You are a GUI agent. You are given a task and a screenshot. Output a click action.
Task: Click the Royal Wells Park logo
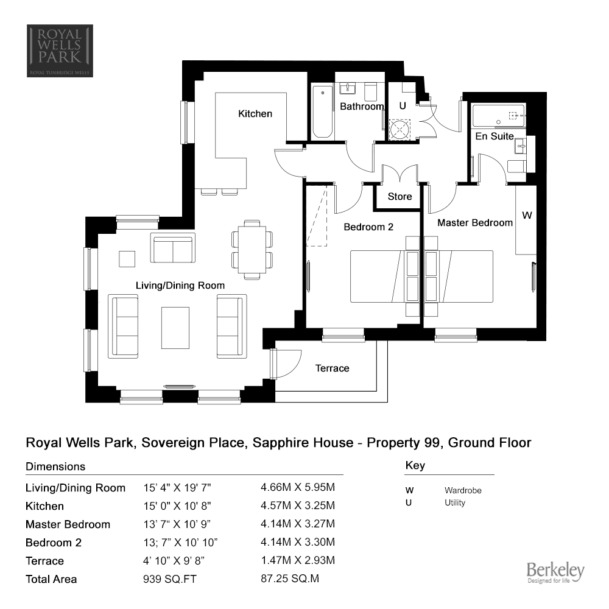[x=60, y=51]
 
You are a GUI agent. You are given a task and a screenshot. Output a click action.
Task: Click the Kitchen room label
[x=255, y=114]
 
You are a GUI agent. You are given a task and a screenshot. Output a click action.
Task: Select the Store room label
[x=400, y=197]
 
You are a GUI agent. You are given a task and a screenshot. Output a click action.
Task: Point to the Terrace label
[x=332, y=368]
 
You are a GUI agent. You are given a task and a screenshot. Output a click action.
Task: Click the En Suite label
[x=495, y=136]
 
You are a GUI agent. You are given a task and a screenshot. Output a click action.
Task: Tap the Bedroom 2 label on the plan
[x=368, y=227]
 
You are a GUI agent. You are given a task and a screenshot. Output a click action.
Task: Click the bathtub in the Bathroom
[x=323, y=112]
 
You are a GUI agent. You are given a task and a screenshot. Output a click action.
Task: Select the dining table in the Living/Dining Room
[x=252, y=250]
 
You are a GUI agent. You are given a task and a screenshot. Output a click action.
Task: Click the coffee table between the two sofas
[x=175, y=328]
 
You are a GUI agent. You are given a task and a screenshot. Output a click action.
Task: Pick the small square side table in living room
[x=127, y=259]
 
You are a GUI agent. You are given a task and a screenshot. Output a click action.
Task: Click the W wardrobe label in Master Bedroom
[x=527, y=215]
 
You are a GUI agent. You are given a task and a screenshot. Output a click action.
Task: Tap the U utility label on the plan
[x=403, y=105]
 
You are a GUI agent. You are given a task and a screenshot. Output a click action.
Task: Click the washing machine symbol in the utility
[x=400, y=130]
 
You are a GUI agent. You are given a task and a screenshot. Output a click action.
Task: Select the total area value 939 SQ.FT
[x=170, y=579]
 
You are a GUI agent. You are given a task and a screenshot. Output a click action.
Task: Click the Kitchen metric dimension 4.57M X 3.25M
[x=298, y=505]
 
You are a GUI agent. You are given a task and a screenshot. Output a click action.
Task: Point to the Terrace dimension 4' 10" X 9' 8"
[x=174, y=561]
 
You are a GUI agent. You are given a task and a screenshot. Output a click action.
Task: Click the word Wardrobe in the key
[x=463, y=490]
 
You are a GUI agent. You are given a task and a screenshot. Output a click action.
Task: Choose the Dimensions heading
[x=55, y=466]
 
